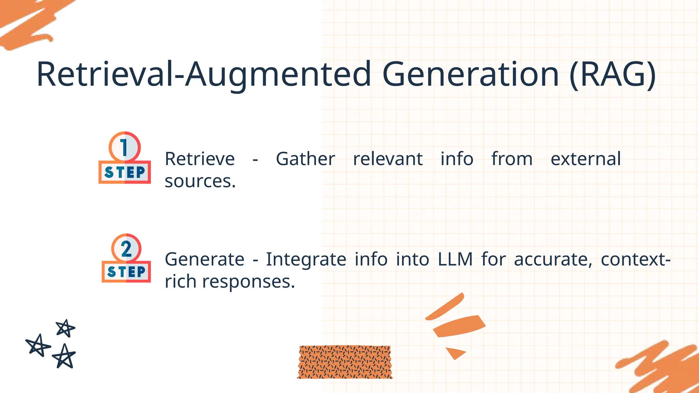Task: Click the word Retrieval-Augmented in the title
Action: [x=203, y=74]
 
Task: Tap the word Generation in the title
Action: [x=470, y=74]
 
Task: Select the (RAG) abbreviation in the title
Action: [x=613, y=74]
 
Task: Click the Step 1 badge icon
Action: [x=125, y=158]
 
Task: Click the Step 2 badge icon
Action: [x=126, y=258]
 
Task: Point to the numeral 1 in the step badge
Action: [x=124, y=147]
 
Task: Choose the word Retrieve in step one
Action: [x=200, y=159]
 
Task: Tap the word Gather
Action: [x=305, y=159]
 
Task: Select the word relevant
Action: [x=388, y=159]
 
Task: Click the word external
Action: [x=585, y=159]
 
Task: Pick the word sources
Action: [x=200, y=181]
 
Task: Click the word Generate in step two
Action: [x=204, y=260]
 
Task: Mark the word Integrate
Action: [x=306, y=260]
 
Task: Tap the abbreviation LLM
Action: [x=455, y=260]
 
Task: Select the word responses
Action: [x=248, y=282]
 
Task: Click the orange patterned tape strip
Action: [x=345, y=362]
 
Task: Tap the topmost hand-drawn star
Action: [x=65, y=328]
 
